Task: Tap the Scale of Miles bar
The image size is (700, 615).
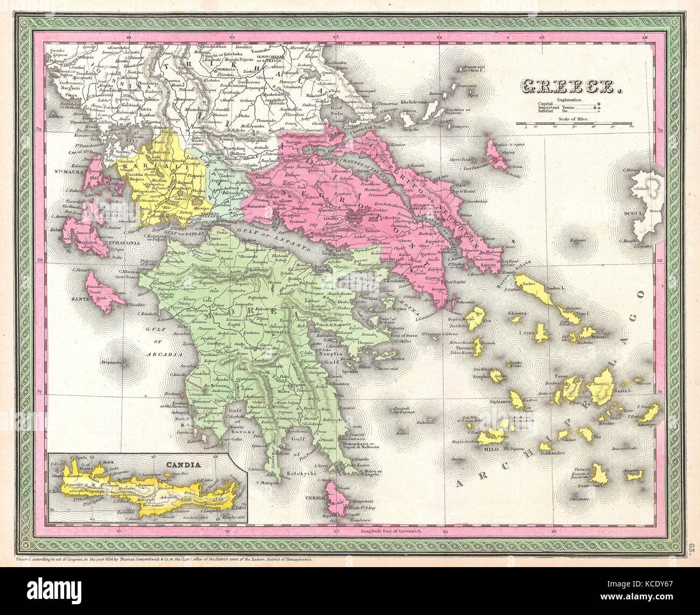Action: tap(574, 123)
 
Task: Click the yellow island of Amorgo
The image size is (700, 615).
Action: tap(650, 413)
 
